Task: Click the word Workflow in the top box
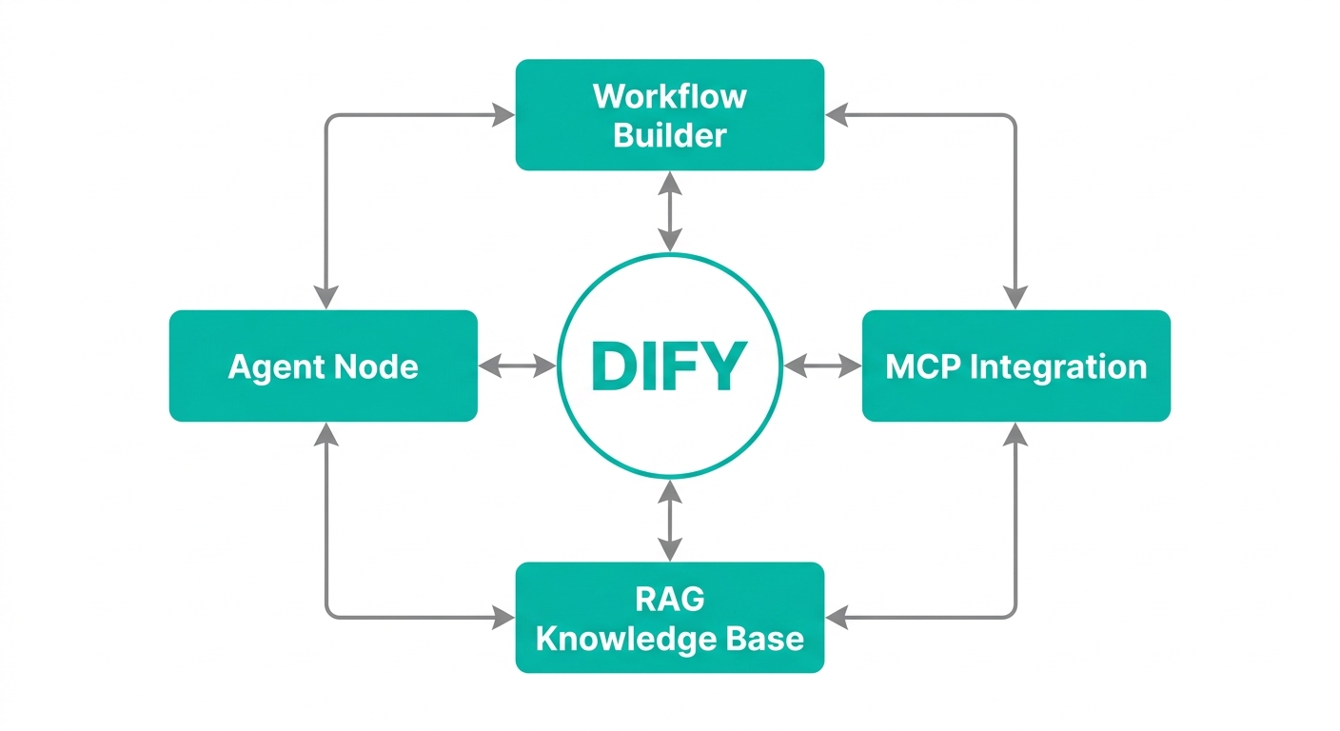tap(669, 96)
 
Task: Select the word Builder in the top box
tap(669, 135)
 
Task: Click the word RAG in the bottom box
tap(669, 600)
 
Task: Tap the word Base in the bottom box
tap(767, 638)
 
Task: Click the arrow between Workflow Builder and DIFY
tap(671, 211)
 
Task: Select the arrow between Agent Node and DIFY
tap(517, 365)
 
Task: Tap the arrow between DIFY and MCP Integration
tap(822, 365)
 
